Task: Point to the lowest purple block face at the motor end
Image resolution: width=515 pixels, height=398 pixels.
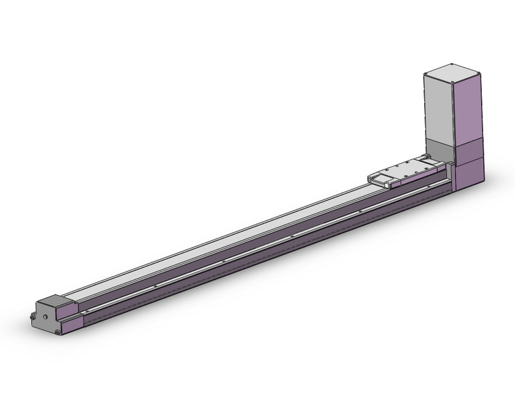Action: click(468, 174)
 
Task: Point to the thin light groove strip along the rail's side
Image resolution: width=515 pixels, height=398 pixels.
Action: click(257, 239)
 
